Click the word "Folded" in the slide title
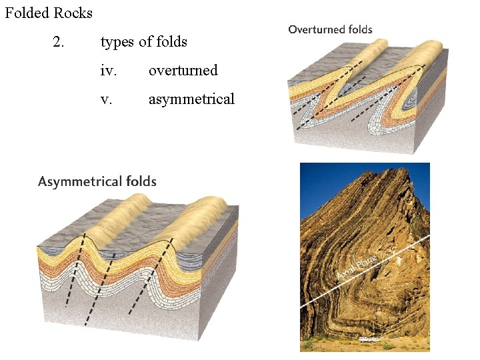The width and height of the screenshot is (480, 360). point(27,13)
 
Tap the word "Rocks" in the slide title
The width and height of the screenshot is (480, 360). point(73,13)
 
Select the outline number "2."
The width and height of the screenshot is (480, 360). point(59,42)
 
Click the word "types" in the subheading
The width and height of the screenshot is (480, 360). point(118,42)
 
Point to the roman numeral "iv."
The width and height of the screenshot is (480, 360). point(109,71)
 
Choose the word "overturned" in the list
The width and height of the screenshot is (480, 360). point(183,71)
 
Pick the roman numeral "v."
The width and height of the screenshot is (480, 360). point(106,99)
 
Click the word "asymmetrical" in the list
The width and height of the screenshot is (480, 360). point(191,99)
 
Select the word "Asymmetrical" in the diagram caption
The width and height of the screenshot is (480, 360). point(80,181)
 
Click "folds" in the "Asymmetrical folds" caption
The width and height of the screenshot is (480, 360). point(141,181)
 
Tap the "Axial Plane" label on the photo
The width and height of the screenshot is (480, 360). point(358,267)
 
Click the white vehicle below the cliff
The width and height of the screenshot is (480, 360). point(367,339)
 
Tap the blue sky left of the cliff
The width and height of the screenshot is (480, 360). point(327,183)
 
